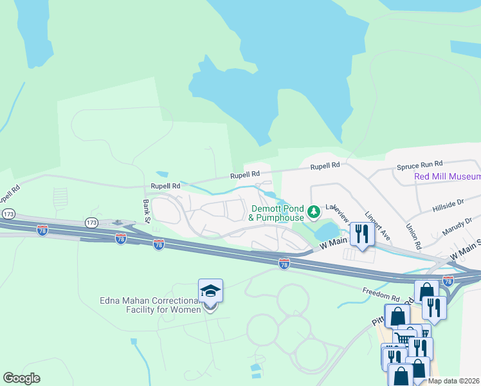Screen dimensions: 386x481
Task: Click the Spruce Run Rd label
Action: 420,165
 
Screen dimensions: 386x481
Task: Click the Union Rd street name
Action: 413,236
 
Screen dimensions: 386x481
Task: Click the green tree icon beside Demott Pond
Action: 313,211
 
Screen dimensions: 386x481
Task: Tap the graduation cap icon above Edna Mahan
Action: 210,291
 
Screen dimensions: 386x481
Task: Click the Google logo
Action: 21,378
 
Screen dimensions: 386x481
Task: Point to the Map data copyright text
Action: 453,381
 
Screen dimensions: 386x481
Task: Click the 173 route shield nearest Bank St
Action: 91,222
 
